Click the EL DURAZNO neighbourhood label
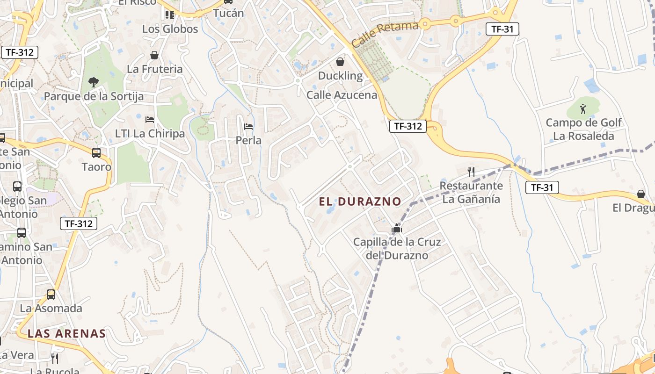(x=360, y=201)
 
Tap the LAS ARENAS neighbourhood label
(x=66, y=333)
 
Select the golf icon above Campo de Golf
(x=583, y=109)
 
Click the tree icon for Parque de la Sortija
(x=94, y=82)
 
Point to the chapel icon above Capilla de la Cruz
(x=397, y=229)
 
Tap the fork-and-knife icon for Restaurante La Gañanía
(x=471, y=172)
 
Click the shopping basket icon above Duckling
(x=340, y=62)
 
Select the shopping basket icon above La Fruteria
(x=154, y=55)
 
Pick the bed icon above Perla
(x=248, y=126)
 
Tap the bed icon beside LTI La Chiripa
(x=150, y=120)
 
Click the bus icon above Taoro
(x=96, y=152)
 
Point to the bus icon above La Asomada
(x=51, y=295)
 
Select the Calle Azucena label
(x=342, y=95)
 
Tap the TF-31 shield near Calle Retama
(x=502, y=29)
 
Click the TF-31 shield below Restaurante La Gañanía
(x=542, y=188)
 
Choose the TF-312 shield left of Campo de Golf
(x=408, y=126)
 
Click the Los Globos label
(x=170, y=29)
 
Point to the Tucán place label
(x=228, y=13)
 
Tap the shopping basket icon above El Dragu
(x=641, y=194)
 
